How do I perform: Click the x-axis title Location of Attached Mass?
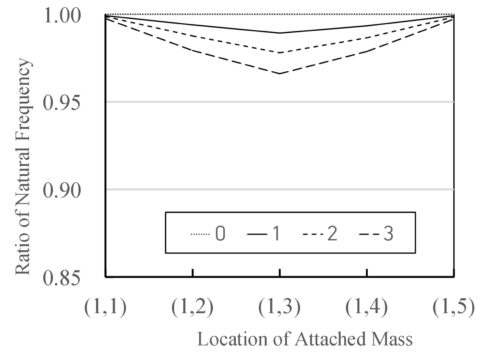pos(305,339)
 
